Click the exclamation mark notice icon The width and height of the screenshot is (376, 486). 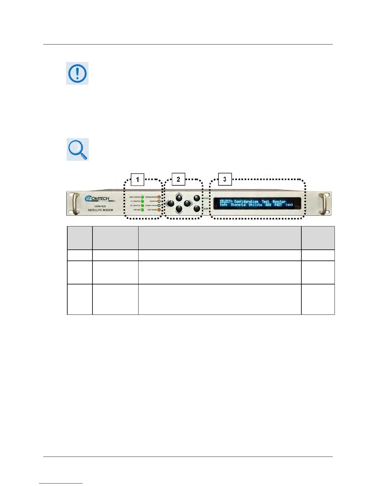77,73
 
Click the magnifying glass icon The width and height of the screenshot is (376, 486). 77,149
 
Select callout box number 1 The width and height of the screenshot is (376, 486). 137,179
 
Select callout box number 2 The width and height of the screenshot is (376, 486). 178,179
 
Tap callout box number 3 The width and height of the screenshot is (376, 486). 225,179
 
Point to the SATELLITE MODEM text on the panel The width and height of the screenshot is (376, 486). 100,210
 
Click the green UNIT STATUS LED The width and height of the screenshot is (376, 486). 143,197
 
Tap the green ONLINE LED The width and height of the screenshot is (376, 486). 143,210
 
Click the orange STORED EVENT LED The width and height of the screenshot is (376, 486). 159,197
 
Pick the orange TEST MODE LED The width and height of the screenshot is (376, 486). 159,210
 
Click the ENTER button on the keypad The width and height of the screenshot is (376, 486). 197,198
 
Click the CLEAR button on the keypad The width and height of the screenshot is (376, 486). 197,209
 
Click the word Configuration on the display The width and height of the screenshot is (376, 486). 246,202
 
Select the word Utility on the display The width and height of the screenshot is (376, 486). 255,205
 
